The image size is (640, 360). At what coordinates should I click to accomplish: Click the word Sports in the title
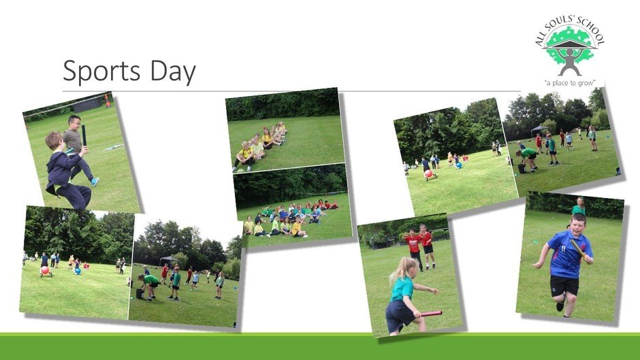(x=101, y=72)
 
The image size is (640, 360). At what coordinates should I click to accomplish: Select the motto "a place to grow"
(x=569, y=83)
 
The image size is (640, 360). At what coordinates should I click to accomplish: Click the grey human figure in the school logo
(x=569, y=62)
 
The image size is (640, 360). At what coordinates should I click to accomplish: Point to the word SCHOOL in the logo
(x=588, y=33)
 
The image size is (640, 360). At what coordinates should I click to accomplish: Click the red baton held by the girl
(x=431, y=314)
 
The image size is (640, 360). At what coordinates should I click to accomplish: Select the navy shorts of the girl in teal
(x=399, y=314)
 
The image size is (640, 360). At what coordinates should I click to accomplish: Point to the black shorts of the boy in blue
(x=564, y=285)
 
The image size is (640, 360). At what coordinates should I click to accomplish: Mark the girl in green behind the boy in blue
(x=578, y=206)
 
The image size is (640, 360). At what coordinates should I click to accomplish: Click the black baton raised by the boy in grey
(x=84, y=136)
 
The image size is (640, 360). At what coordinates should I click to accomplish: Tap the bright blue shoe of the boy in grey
(x=95, y=181)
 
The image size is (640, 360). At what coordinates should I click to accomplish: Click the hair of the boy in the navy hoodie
(x=52, y=139)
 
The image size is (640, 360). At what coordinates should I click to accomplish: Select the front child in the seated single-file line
(x=244, y=157)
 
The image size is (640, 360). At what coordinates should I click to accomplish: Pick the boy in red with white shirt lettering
(x=413, y=248)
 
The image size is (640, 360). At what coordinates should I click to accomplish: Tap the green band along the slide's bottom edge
(x=320, y=346)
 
